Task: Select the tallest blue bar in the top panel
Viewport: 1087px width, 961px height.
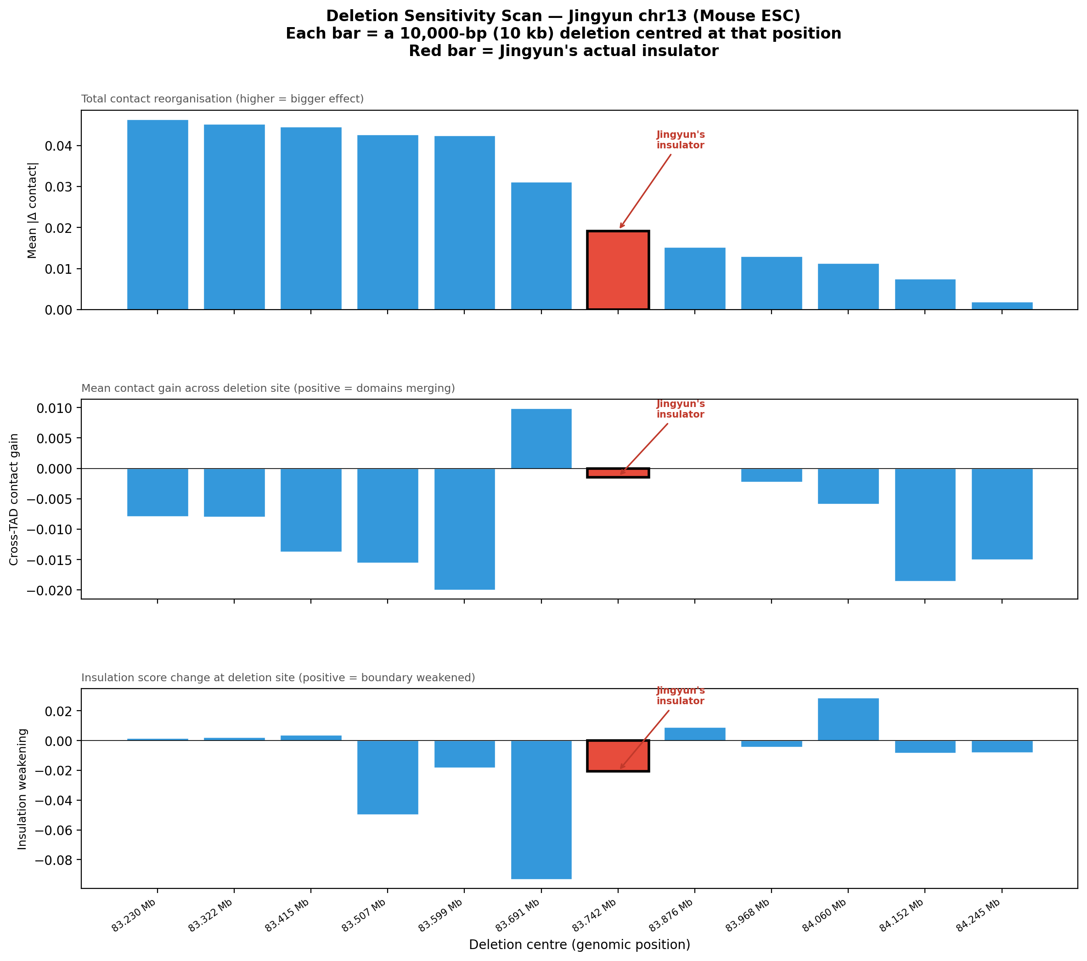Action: click(x=158, y=215)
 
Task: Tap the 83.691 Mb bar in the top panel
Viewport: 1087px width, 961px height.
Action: click(x=541, y=246)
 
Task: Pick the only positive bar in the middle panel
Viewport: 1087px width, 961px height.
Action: click(x=541, y=439)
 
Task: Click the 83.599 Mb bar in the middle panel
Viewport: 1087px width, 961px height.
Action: click(x=464, y=529)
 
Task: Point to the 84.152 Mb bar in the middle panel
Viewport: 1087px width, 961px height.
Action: click(x=925, y=525)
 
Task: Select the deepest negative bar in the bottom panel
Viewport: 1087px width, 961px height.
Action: click(x=541, y=809)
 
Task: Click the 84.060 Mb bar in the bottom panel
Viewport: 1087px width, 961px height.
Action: click(x=848, y=719)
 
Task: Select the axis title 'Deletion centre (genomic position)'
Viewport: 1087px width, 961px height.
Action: click(x=579, y=944)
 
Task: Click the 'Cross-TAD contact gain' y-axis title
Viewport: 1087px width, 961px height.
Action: click(x=14, y=499)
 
